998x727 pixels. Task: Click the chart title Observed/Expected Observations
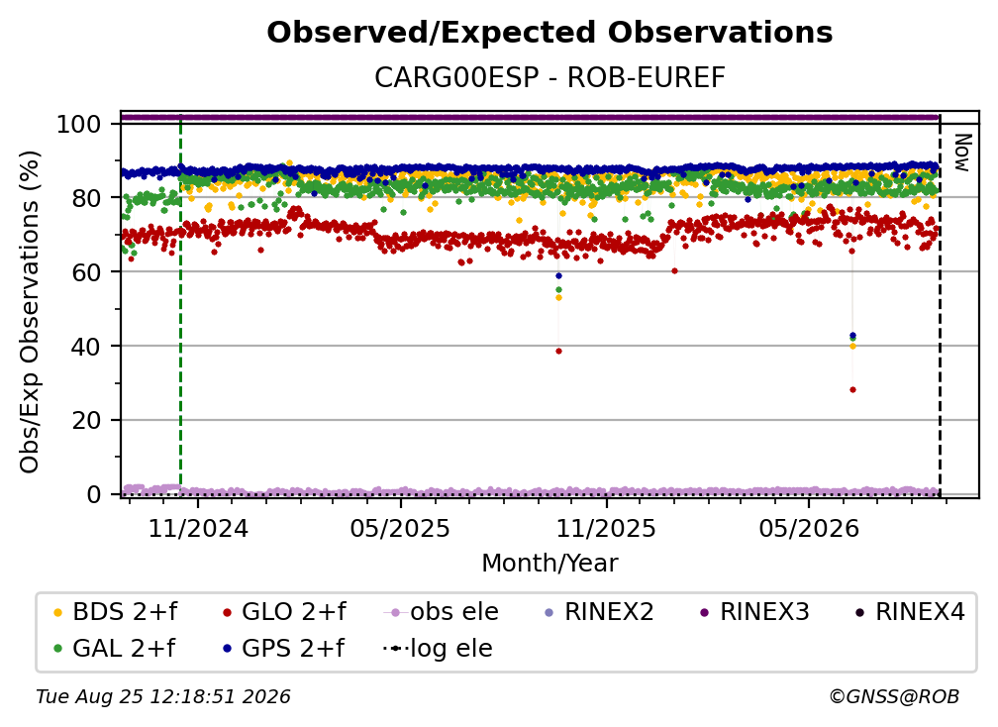point(549,33)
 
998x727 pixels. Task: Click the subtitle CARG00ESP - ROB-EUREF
point(549,78)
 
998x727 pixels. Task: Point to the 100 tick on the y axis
point(79,124)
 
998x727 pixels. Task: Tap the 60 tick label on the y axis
point(86,272)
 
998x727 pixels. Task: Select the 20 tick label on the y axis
point(86,421)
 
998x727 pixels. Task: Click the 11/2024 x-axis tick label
point(198,529)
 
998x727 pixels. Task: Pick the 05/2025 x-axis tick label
point(400,529)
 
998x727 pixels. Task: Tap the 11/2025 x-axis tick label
point(606,529)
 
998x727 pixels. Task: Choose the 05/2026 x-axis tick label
point(808,529)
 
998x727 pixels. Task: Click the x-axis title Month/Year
point(549,564)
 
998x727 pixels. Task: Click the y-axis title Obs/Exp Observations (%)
point(30,312)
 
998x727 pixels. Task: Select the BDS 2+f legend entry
point(115,612)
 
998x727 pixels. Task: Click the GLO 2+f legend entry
point(284,612)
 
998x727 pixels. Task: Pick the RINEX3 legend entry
point(754,612)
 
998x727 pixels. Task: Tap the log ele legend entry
point(438,649)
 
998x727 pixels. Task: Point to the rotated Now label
point(962,153)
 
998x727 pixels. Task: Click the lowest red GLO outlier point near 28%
point(852,389)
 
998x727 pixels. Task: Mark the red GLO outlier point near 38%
point(558,351)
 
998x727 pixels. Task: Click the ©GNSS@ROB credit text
point(894,697)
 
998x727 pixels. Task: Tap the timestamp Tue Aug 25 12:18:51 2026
point(163,697)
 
